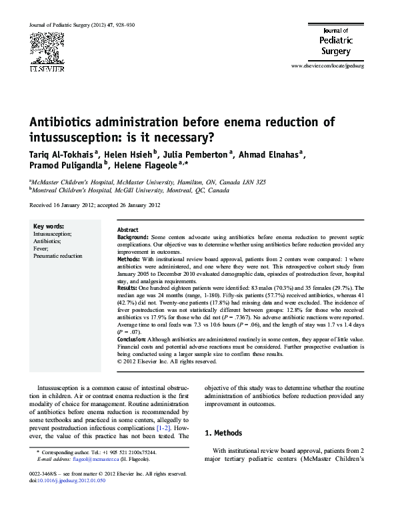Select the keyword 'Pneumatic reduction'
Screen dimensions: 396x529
click(x=58, y=255)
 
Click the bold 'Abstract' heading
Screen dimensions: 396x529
click(x=128, y=229)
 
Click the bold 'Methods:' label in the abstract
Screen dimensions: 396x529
click(x=129, y=258)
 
